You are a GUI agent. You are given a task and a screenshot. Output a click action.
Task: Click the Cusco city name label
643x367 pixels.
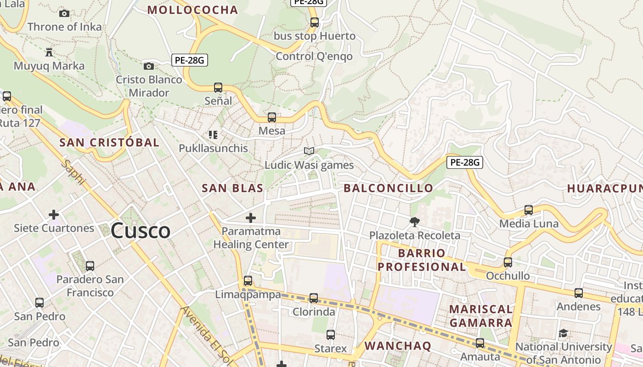(141, 230)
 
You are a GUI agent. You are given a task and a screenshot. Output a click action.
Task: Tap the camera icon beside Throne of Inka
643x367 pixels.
(64, 14)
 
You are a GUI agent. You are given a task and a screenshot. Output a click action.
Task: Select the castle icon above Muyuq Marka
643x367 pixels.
(49, 52)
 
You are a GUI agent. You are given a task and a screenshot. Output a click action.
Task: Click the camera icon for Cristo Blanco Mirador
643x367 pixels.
(148, 67)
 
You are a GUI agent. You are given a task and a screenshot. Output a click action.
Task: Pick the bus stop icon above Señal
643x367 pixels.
(218, 87)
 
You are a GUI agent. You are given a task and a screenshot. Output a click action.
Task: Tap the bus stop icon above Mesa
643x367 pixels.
(272, 117)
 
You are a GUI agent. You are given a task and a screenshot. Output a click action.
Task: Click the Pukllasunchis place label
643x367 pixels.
(213, 148)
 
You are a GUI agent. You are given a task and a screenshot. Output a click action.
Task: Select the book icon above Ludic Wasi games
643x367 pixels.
(309, 151)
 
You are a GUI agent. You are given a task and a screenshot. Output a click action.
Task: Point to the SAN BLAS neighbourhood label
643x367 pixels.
(232, 188)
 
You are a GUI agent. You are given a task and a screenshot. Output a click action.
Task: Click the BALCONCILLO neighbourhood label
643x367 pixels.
(388, 188)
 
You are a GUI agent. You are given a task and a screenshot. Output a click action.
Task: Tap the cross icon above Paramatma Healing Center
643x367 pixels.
(250, 217)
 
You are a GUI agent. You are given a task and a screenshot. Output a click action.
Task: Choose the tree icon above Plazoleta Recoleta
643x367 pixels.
(414, 222)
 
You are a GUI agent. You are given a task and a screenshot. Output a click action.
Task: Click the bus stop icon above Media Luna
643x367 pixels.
(529, 210)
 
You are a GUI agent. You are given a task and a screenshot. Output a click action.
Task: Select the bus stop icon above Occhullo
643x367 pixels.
(508, 262)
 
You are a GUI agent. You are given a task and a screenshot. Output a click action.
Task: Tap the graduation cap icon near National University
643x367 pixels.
(564, 334)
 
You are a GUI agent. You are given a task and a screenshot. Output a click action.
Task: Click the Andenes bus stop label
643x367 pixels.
(578, 306)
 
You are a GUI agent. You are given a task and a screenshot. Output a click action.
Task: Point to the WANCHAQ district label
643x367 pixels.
(398, 345)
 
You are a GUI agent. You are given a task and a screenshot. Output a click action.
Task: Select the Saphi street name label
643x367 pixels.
(73, 173)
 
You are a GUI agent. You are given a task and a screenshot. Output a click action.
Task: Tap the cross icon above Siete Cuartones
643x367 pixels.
(54, 214)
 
